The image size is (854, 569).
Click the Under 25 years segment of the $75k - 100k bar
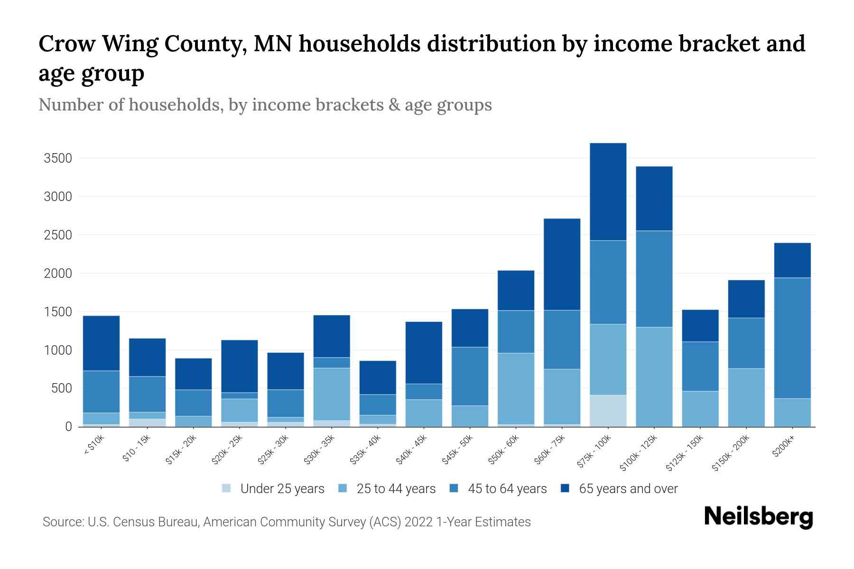[608, 411]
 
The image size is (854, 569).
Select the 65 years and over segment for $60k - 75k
[562, 264]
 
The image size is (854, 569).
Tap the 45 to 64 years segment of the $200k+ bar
[792, 338]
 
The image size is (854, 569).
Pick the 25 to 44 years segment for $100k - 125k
[654, 376]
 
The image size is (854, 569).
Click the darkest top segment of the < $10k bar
[101, 343]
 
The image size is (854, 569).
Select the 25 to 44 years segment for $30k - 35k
[332, 394]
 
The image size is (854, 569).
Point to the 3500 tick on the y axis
[58, 158]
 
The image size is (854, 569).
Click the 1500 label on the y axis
[58, 312]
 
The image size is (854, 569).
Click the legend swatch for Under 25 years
[227, 488]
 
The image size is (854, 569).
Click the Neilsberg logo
[758, 517]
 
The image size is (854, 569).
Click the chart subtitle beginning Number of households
[265, 105]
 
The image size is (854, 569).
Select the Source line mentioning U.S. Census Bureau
[287, 522]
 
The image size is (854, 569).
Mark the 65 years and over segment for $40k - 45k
[424, 352]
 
